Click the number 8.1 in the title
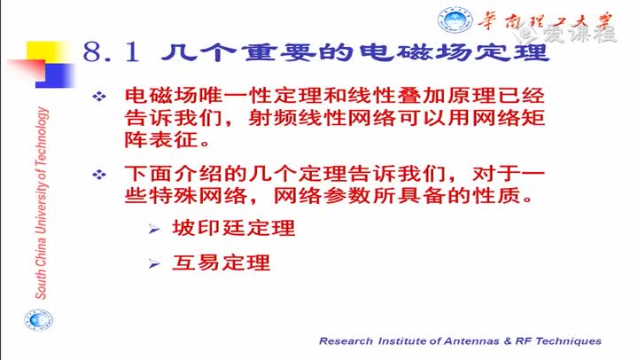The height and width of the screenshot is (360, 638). coord(111,52)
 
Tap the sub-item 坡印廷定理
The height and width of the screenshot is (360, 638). coord(234,228)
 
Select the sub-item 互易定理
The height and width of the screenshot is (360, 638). coord(221,262)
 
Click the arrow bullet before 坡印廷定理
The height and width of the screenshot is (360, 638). coord(154,230)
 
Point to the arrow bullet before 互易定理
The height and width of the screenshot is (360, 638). coord(154,264)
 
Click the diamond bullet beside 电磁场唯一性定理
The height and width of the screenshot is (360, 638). coord(99,97)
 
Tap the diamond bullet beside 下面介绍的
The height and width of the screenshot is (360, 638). coord(99,175)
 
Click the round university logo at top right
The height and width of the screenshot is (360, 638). coord(455,20)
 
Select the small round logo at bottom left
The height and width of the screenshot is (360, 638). coord(38,320)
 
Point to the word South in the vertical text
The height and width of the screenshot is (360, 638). coord(41,285)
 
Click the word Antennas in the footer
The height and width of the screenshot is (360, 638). coord(471,340)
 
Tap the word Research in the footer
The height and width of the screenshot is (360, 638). coord(346,340)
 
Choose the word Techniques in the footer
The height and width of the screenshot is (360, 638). coord(568,340)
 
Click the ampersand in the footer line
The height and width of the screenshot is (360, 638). coord(508,340)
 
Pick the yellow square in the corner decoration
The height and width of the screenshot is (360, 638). coord(45,51)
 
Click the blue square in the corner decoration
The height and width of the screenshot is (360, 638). coord(56,75)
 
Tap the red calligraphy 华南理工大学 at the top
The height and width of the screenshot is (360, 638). coord(545,21)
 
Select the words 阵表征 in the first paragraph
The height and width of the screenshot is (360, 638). coord(161,140)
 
